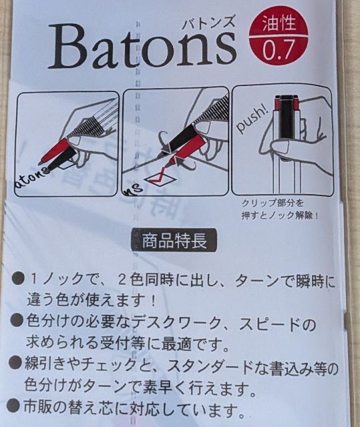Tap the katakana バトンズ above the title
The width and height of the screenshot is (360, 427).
tap(208, 21)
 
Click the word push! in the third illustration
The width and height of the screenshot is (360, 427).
tap(252, 120)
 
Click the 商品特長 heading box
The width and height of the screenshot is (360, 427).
tap(174, 240)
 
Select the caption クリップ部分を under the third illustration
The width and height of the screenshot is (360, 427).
tap(273, 203)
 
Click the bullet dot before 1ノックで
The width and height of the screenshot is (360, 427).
tap(19, 279)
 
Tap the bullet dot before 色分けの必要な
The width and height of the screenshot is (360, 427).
tap(17, 320)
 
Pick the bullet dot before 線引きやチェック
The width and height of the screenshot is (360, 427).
tap(15, 363)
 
